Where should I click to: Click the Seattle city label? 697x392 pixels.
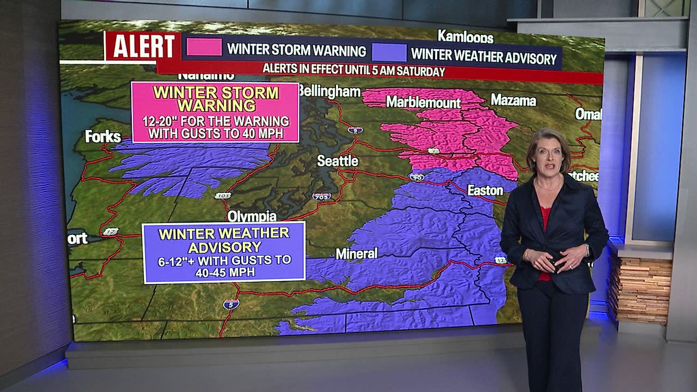(338, 161)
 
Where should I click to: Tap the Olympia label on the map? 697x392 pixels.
(252, 216)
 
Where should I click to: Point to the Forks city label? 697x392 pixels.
(103, 137)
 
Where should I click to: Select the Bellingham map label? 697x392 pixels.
(329, 91)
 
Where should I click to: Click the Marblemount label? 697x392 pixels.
(423, 102)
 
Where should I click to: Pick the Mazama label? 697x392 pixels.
(513, 100)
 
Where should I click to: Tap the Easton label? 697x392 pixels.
(485, 191)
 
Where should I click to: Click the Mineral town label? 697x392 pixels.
(356, 254)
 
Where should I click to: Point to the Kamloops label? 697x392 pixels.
(465, 37)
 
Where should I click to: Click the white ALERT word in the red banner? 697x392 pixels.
(143, 47)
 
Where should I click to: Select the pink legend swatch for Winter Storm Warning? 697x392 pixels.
(204, 47)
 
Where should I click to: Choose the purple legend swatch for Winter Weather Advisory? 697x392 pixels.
(389, 53)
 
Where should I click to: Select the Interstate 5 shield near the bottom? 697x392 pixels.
(231, 304)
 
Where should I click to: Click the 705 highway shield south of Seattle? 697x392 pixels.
(321, 196)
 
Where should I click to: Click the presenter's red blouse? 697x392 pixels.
(545, 218)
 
